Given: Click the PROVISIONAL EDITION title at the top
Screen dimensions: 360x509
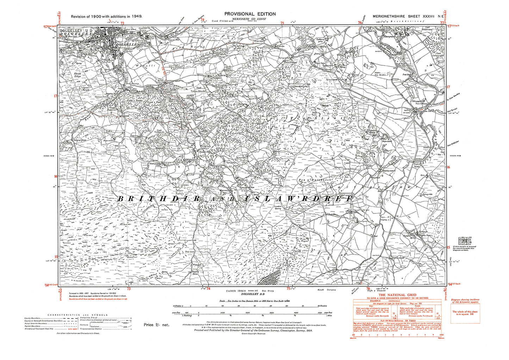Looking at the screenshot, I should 250,14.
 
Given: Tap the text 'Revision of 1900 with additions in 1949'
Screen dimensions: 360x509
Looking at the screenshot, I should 106,17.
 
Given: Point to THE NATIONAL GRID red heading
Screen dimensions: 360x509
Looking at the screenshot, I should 397,295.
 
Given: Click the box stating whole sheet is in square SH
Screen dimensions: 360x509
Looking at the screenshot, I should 465,313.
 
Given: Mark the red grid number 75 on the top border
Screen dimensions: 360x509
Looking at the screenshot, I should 282,23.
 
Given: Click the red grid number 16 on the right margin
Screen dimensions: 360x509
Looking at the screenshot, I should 448,167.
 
